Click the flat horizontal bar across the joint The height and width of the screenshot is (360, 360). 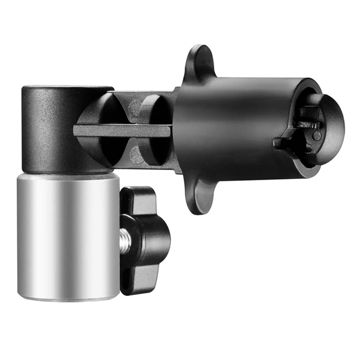point(121,131)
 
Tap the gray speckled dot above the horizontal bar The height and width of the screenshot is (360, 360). point(134,108)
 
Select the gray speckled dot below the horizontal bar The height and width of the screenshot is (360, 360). point(135,155)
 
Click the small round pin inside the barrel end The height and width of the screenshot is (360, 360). point(317,135)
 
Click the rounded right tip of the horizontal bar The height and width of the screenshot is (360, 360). point(167,131)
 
